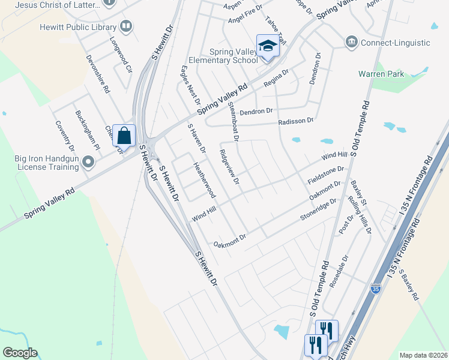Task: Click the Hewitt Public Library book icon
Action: point(126,26)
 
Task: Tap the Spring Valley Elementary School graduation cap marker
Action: point(267,46)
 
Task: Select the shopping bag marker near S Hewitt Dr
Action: point(124,135)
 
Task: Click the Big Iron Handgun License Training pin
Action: point(88,162)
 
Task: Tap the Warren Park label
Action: point(381,74)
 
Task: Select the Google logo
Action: point(20,353)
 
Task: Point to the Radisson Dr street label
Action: point(296,121)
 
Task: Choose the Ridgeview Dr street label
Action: point(230,167)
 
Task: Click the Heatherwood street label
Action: point(203,179)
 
